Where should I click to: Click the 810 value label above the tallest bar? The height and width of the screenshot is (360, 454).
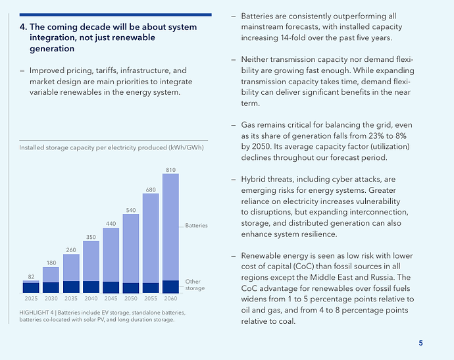coord(170,170)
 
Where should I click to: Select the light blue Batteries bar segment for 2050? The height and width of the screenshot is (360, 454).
coord(131,249)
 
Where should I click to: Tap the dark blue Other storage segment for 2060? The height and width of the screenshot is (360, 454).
coord(170,287)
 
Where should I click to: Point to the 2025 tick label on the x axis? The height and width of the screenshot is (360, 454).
coord(31,298)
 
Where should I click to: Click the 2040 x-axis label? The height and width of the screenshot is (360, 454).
coord(91,298)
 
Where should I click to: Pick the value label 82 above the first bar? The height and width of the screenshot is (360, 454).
coord(31,277)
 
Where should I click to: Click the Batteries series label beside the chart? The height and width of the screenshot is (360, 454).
coord(196,225)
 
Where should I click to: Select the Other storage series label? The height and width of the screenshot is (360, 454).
coord(195,285)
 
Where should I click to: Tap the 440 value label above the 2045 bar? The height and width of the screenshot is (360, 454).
coord(111,224)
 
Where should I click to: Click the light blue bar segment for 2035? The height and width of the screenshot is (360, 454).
coord(71,268)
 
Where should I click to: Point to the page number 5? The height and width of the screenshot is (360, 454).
coord(420,343)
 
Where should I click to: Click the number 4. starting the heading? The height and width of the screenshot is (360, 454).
coord(23,27)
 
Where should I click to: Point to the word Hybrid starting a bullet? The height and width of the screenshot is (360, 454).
coord(251,179)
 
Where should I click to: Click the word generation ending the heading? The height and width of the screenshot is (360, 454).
coord(52,49)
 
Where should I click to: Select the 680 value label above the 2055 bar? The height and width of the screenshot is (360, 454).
coord(151,190)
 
